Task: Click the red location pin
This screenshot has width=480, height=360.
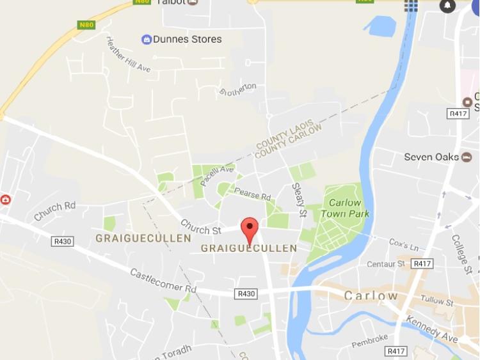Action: tap(249, 229)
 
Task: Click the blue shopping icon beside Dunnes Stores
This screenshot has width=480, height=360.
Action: tap(147, 40)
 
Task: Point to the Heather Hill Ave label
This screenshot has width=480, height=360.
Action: tap(128, 54)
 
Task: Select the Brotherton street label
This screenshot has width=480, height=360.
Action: tap(238, 90)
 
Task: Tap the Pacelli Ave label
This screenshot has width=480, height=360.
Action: tap(217, 175)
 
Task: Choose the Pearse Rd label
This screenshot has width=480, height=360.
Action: tap(253, 194)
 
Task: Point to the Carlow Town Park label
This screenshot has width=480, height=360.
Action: tap(346, 208)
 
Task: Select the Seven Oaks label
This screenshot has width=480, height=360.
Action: tap(431, 157)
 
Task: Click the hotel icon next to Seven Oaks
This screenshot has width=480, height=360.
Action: tap(467, 157)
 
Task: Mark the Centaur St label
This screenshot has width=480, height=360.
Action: tap(386, 263)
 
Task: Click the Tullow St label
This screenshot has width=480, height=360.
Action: tap(436, 301)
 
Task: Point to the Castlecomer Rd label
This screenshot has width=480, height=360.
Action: tap(163, 280)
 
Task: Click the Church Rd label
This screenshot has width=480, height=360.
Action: tap(55, 211)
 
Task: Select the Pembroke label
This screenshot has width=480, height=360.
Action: tap(370, 341)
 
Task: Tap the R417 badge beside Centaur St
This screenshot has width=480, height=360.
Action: tap(422, 263)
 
